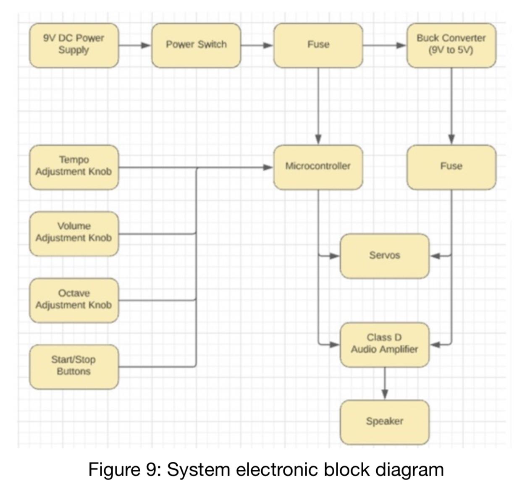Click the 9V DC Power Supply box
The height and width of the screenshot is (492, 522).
coord(74,45)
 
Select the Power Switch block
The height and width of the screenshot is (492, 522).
coord(196,45)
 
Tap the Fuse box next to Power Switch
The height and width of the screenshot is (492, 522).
coord(318,45)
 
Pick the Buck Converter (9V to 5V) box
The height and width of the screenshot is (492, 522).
coord(451,45)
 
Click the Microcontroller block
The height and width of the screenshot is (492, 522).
coord(318,167)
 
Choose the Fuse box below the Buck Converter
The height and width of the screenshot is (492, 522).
coord(451,167)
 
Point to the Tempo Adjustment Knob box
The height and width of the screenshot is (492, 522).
coord(74,167)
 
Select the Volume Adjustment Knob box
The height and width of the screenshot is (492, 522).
coord(74,233)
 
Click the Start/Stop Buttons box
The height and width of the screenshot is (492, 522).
coord(74,366)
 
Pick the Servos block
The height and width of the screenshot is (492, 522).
coord(384,256)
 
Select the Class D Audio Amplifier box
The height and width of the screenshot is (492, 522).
coord(384,344)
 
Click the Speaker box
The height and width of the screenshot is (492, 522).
coord(384,422)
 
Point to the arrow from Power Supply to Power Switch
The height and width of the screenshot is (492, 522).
coord(135,45)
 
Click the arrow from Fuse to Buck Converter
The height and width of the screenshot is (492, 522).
coord(384,45)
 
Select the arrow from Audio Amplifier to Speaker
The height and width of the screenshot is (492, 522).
coord(384,383)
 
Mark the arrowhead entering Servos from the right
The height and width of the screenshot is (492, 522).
coord(435,256)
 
